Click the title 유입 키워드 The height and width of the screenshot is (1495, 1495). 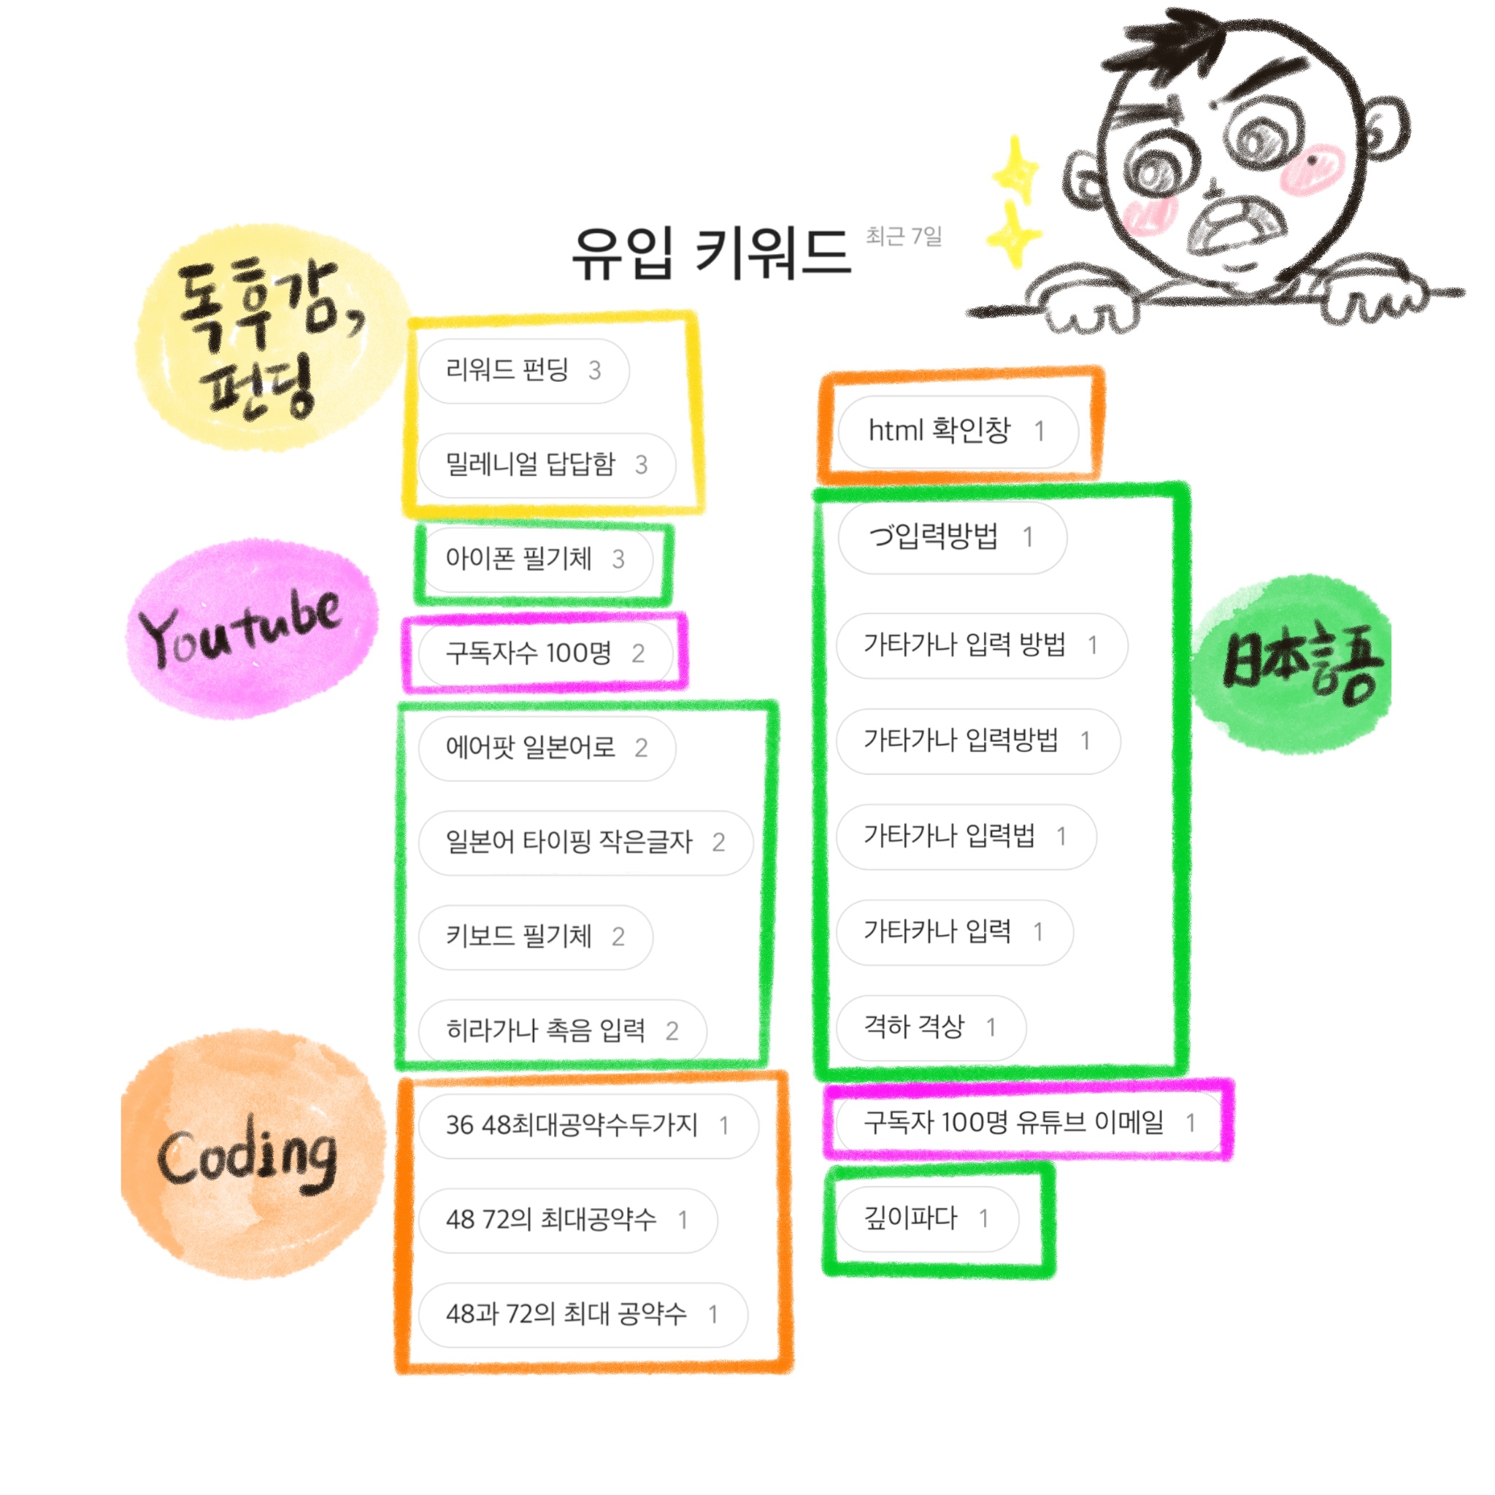pos(710,253)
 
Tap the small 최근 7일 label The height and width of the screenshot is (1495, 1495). pos(903,236)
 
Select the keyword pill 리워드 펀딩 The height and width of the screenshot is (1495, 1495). pos(523,371)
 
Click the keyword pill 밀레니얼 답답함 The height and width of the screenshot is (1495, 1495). pos(546,464)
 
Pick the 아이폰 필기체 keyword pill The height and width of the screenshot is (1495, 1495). pos(534,558)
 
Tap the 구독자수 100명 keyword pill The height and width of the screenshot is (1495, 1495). pos(545,653)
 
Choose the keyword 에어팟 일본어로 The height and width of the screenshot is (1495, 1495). pos(546,747)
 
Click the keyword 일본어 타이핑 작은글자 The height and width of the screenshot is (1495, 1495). pos(585,842)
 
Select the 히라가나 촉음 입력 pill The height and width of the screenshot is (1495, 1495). pos(562,1030)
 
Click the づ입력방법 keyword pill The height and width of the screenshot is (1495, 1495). pos(951,537)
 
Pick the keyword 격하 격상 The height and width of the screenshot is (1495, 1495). pos(930,1028)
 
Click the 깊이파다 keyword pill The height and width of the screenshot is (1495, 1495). pos(927,1219)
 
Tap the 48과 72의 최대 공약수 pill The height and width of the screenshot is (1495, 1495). pos(582,1314)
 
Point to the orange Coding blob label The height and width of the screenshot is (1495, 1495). pos(253,1155)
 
